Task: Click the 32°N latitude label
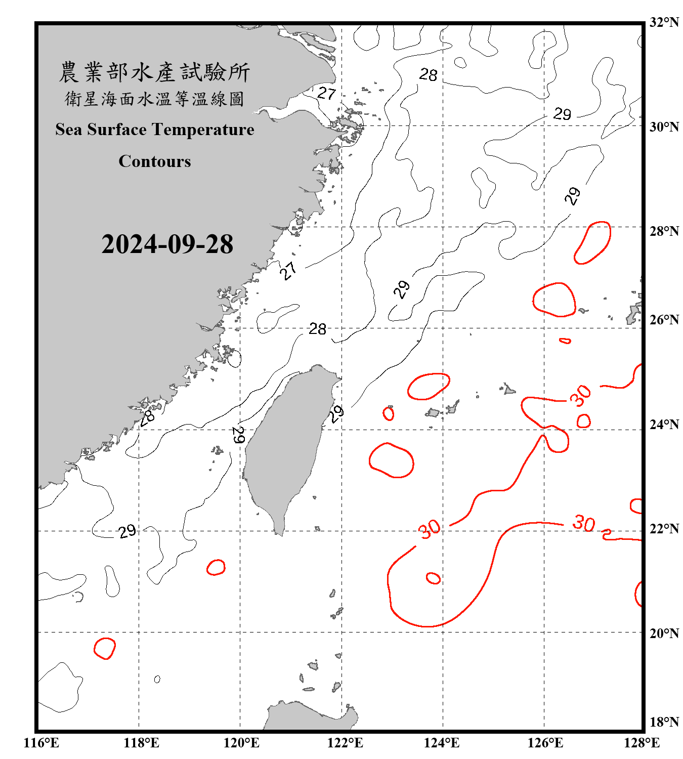coord(664,22)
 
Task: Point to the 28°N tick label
coord(664,231)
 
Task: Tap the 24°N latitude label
coord(664,424)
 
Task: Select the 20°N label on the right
coord(664,633)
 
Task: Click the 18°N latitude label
coord(664,722)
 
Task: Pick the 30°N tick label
coord(664,126)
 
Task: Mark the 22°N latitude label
coord(664,529)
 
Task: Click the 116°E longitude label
coord(41,743)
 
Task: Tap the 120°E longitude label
coord(241,743)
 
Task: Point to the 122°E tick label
coord(345,743)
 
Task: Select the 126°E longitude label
coord(545,743)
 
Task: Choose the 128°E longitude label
coord(642,743)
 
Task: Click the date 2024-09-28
coord(167,244)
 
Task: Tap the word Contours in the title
coord(155,161)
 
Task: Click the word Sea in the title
coord(69,130)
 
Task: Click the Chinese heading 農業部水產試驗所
coord(154,72)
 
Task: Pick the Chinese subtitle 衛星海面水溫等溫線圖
coord(154,99)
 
